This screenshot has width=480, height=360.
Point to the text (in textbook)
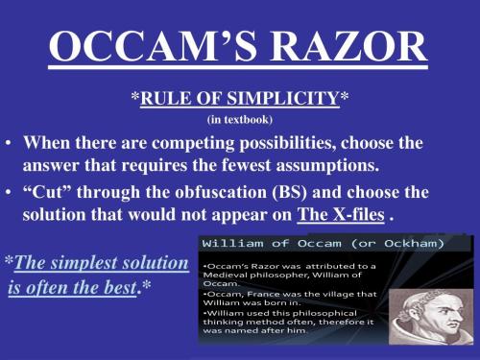tap(239, 120)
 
